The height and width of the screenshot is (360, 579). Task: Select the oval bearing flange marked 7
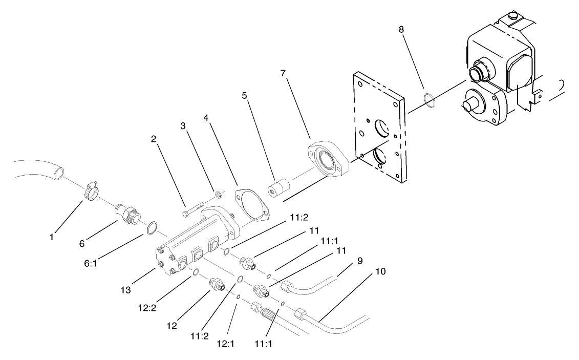[x=328, y=159]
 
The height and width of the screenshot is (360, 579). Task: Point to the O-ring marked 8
[x=430, y=100]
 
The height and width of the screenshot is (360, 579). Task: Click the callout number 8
[x=401, y=30]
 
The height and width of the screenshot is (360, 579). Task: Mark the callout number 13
[x=126, y=290]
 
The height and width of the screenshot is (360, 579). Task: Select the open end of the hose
[x=59, y=174]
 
